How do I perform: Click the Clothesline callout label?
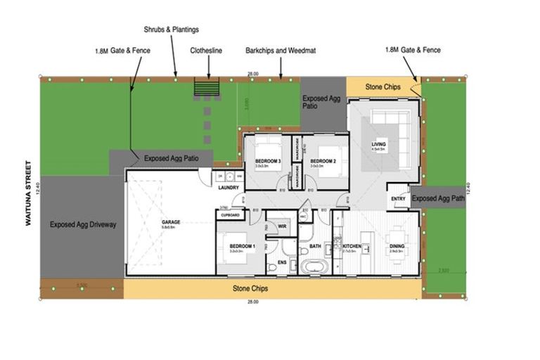[207, 51]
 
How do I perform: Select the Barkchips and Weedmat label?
[276, 51]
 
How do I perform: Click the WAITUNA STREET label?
[29, 193]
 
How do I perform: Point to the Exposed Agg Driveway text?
[83, 225]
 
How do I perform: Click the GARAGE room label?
[171, 221]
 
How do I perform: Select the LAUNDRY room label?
[229, 188]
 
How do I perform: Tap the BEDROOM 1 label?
[241, 245]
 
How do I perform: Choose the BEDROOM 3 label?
[268, 162]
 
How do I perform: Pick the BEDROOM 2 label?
[321, 162]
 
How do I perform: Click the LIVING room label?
[379, 145]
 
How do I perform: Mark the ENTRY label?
[398, 199]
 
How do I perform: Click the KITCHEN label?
[352, 245]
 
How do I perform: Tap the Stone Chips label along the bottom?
[253, 288]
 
